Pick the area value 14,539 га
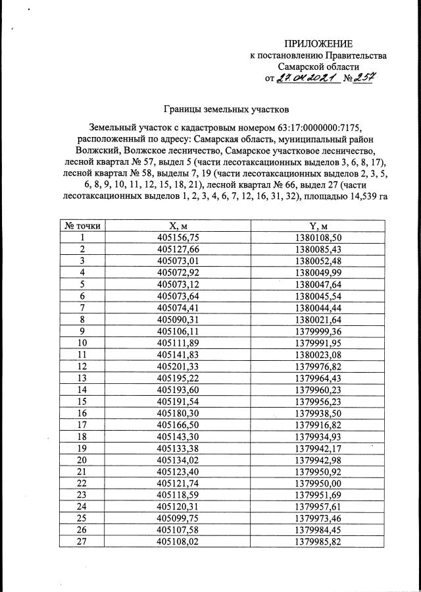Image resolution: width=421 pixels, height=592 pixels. [359, 196]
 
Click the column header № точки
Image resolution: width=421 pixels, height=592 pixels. [82, 225]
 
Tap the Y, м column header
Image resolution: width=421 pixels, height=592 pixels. [318, 225]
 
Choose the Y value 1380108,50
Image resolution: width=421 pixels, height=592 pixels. [318, 237]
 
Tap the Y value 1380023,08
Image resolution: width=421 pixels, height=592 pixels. [318, 354]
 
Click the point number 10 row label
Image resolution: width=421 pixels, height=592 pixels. [82, 342]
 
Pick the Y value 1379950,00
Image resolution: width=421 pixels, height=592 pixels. [318, 483]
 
